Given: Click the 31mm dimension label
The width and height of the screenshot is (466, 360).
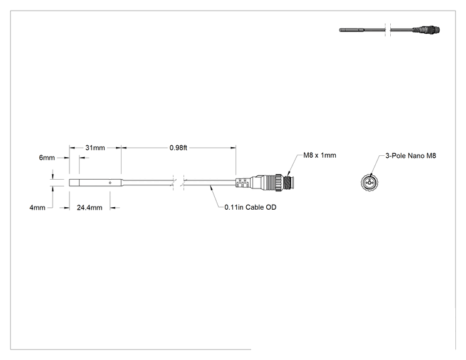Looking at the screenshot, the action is click(x=95, y=148).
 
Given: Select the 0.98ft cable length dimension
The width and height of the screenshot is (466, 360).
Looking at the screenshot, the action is click(x=179, y=148).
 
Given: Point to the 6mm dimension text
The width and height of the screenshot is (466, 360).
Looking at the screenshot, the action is click(x=47, y=158).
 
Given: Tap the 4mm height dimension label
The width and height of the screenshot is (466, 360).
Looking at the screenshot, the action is click(x=38, y=208).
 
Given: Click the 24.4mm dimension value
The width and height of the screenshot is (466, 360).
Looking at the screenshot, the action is click(x=90, y=208).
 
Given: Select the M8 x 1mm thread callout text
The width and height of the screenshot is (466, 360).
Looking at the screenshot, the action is click(x=320, y=155).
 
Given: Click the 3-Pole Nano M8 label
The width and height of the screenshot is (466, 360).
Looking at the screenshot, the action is click(x=411, y=156).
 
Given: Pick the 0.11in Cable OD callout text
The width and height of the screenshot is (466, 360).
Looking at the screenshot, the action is click(x=251, y=207).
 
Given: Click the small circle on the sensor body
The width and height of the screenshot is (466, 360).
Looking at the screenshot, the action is click(x=110, y=183).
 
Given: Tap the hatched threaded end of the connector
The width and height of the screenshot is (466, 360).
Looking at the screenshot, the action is click(x=287, y=183).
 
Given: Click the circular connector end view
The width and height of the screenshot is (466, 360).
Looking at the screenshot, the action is click(x=370, y=182).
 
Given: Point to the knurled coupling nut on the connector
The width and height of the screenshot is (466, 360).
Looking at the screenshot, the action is click(x=279, y=183).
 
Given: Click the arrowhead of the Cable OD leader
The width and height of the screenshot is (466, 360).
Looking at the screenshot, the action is click(x=210, y=187).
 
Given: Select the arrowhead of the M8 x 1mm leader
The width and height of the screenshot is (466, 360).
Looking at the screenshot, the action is click(x=288, y=175).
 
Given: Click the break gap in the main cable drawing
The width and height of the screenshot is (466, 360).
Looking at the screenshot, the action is click(x=179, y=183).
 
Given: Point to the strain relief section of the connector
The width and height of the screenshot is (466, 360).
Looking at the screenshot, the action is click(x=243, y=183).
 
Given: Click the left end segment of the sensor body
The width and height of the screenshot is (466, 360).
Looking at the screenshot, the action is click(x=75, y=183).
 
